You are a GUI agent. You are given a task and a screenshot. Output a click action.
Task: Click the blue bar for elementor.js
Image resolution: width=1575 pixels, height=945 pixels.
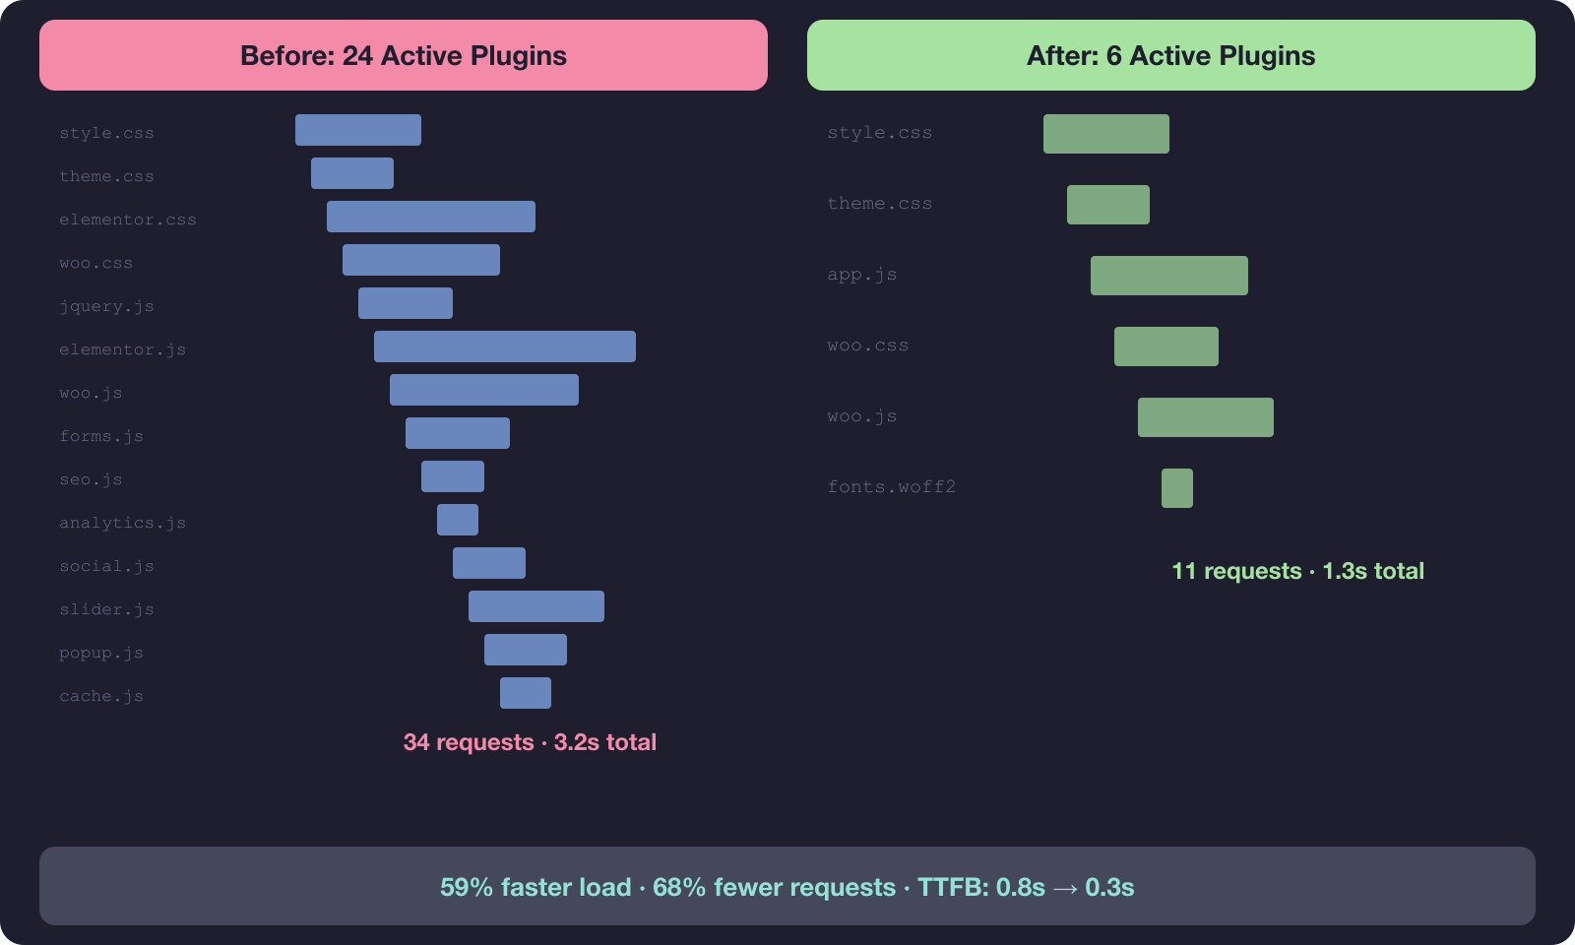pos(505,346)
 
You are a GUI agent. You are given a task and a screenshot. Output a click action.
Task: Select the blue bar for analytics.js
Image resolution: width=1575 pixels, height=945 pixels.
pos(458,520)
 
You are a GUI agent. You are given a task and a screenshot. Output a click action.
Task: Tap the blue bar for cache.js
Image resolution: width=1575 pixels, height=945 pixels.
pos(526,693)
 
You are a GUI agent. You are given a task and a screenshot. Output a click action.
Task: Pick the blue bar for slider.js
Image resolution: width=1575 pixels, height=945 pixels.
pos(536,606)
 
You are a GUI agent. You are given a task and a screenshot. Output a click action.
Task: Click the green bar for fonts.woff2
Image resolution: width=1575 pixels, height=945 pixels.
pos(1177,488)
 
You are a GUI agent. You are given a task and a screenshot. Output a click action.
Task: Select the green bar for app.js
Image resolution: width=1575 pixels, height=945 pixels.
pos(1169,276)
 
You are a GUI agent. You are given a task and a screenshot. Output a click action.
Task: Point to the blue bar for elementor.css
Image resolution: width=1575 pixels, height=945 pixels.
pos(431,217)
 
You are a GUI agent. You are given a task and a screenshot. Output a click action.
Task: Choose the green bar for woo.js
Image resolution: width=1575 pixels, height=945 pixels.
pos(1206,417)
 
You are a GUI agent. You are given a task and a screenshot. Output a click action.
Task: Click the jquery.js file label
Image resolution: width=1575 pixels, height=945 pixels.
pos(106,306)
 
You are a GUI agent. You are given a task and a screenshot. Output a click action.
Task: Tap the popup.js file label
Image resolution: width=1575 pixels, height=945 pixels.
pos(101,653)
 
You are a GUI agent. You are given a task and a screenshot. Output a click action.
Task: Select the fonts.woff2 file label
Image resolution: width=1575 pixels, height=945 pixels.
pos(892,487)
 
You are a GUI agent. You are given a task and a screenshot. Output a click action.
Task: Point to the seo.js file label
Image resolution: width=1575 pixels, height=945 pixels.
pos(91,479)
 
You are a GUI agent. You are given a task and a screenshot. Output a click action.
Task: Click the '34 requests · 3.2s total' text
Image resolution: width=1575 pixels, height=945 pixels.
pos(530,742)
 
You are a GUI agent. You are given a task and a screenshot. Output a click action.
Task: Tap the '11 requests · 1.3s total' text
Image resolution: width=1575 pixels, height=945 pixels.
pos(1297,571)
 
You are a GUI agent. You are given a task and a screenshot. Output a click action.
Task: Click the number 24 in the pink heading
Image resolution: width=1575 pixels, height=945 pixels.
pos(357,56)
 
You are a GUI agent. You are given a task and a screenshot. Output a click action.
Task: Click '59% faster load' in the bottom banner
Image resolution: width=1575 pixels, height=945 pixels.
pos(535,887)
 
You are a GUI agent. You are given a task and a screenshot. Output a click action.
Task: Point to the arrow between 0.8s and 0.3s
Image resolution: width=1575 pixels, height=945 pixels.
pos(1065,888)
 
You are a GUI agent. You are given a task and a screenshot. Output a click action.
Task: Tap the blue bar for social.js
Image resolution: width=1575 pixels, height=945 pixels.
pos(489,563)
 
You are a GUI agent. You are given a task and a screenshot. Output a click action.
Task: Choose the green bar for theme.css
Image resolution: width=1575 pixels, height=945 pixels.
pos(1108,205)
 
